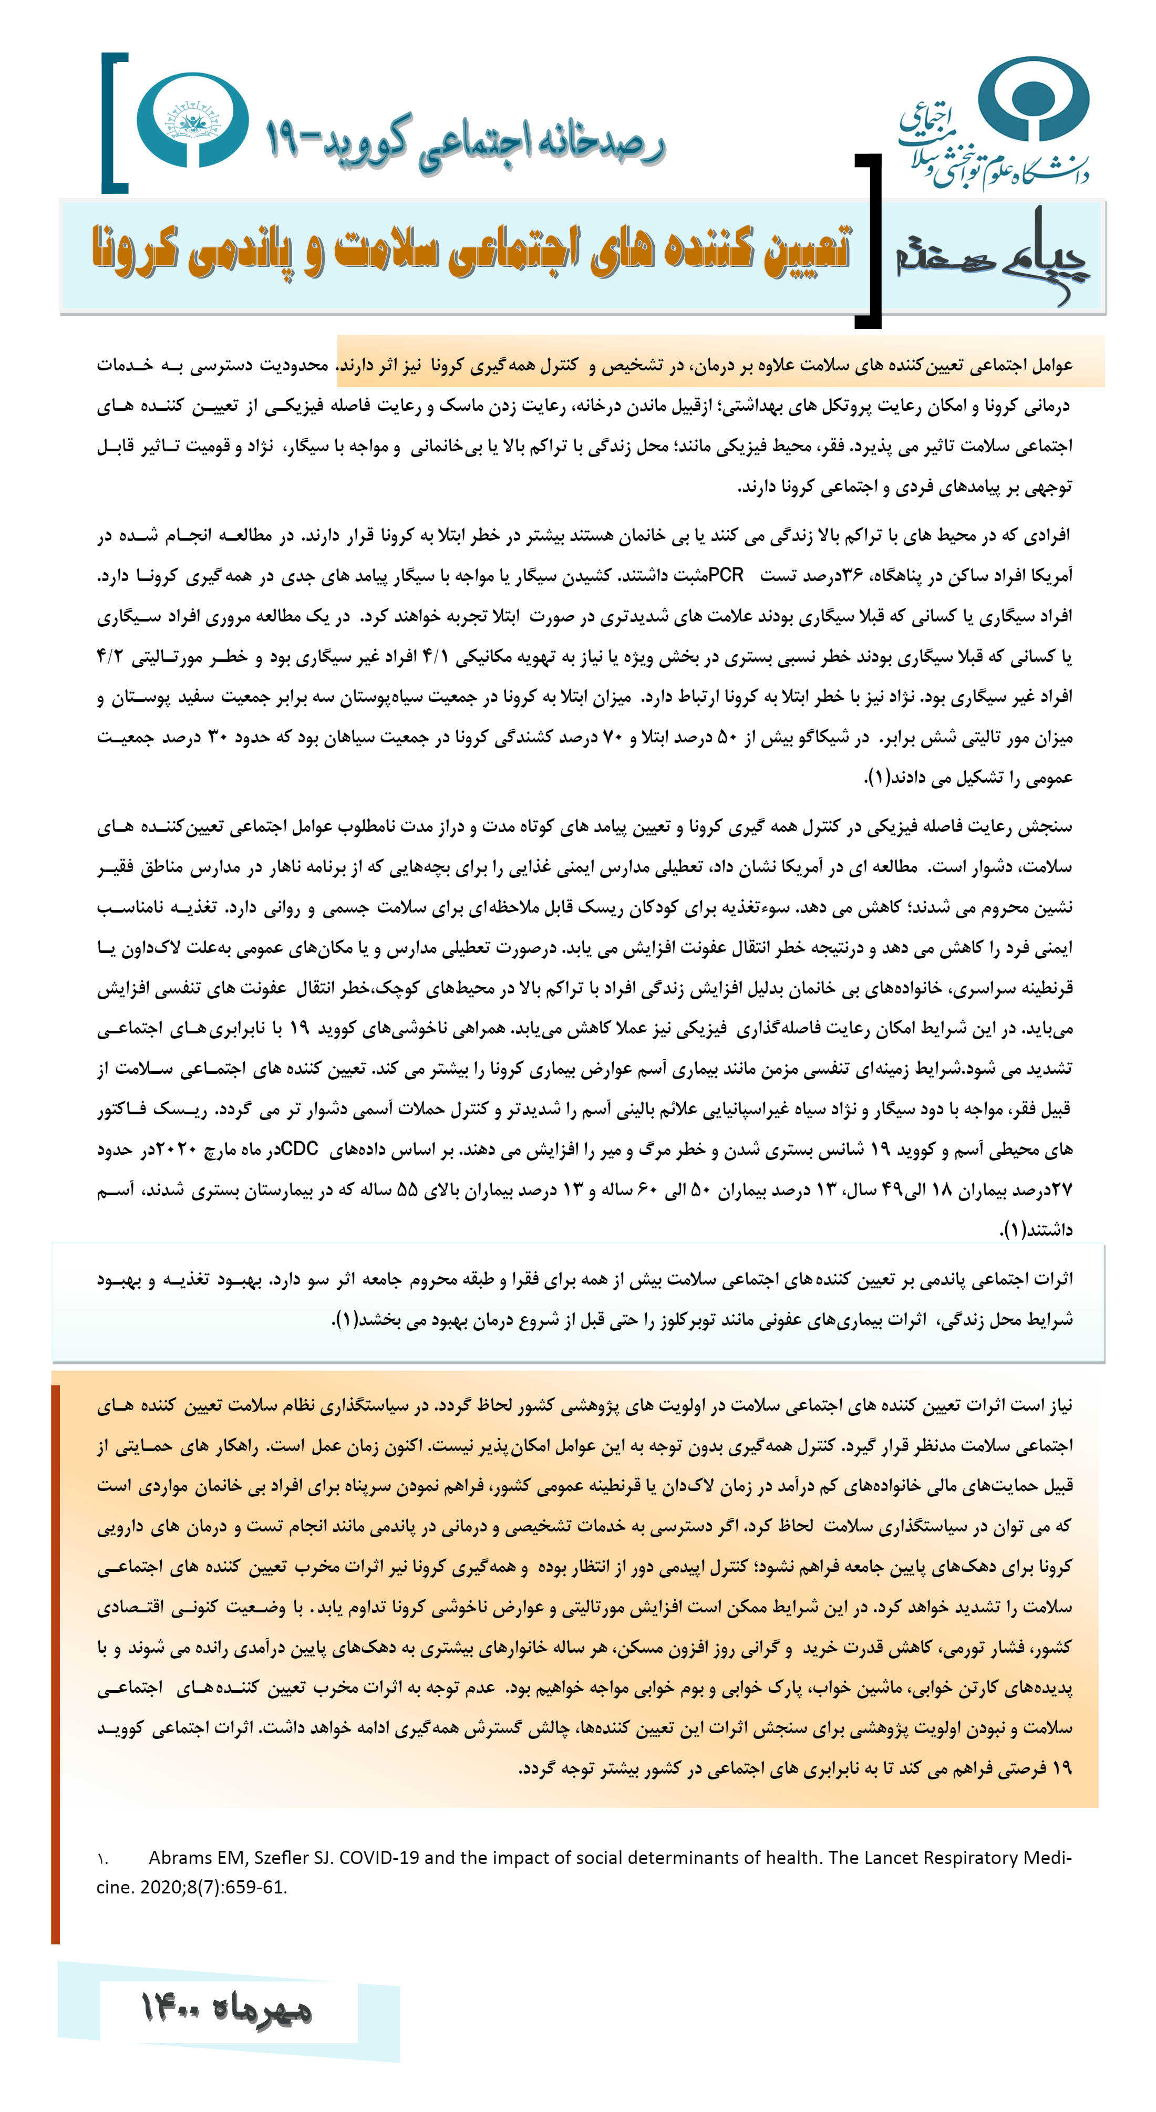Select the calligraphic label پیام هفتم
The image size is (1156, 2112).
(992, 254)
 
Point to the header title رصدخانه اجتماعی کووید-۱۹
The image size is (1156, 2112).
(464, 143)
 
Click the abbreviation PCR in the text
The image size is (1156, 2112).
(726, 576)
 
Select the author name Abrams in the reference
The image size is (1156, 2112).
(177, 1858)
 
